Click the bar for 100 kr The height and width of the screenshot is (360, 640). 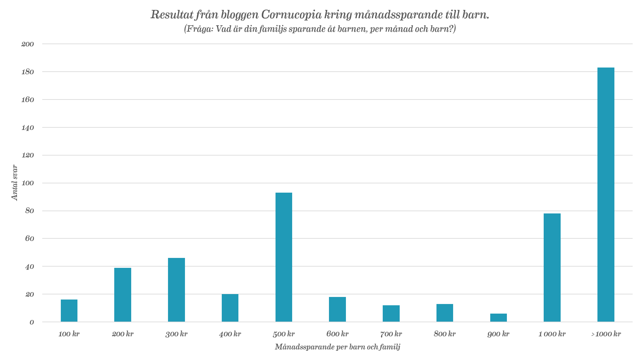pyautogui.click(x=69, y=310)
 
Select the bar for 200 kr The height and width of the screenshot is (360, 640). pyautogui.click(x=123, y=294)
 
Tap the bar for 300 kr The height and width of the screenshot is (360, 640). pyautogui.click(x=176, y=290)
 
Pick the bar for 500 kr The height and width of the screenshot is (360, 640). pyautogui.click(x=284, y=257)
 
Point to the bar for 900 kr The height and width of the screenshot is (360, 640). pyautogui.click(x=499, y=317)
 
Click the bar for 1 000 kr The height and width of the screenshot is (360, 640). pyautogui.click(x=552, y=267)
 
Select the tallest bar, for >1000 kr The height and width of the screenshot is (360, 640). pyautogui.click(x=606, y=195)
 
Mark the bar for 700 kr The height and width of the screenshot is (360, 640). pyautogui.click(x=391, y=313)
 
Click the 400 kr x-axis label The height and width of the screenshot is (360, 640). pyautogui.click(x=230, y=334)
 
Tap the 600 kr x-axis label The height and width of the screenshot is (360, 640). pyautogui.click(x=338, y=334)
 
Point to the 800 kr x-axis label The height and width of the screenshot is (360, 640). pyautogui.click(x=445, y=334)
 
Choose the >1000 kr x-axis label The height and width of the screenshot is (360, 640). pyautogui.click(x=606, y=334)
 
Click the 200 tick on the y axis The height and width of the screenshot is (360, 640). pyautogui.click(x=28, y=44)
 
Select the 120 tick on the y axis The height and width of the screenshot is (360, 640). pyautogui.click(x=28, y=156)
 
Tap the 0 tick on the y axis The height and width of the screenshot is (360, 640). pyautogui.click(x=32, y=322)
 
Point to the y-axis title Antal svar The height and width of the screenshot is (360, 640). pyautogui.click(x=14, y=183)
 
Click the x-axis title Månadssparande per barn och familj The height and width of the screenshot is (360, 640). pyautogui.click(x=337, y=347)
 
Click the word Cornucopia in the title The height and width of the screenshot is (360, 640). pyautogui.click(x=291, y=15)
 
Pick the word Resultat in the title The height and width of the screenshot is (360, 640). pyautogui.click(x=171, y=15)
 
